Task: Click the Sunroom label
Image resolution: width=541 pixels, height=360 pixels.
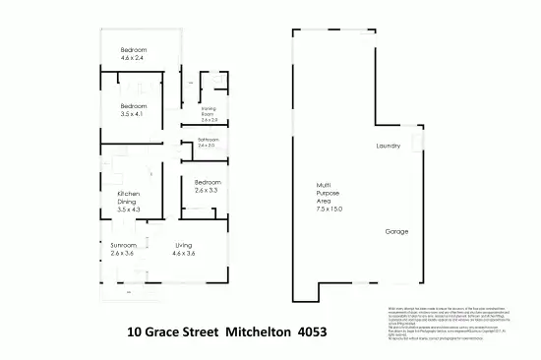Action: tap(123, 245)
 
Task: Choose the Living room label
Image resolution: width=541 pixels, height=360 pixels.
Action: tap(184, 245)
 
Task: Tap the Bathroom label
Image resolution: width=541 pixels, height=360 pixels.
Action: tap(209, 141)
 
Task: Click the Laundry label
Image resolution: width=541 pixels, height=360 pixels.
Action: tap(389, 147)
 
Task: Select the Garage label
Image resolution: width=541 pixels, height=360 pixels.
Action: tap(396, 232)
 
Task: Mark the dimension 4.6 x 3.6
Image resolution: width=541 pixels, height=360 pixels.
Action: tap(184, 254)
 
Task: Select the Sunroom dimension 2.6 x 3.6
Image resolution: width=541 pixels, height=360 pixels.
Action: tap(123, 254)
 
